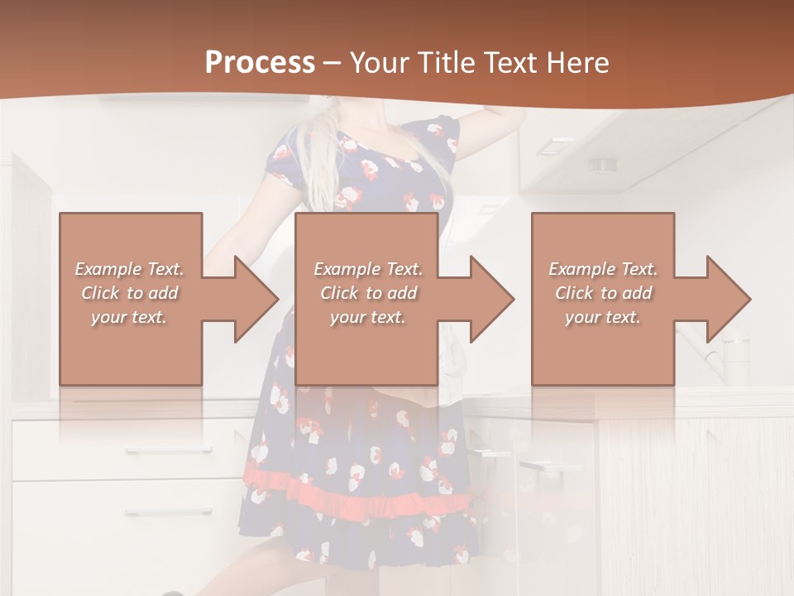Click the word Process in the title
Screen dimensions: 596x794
click(260, 63)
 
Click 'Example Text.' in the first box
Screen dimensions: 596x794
click(129, 269)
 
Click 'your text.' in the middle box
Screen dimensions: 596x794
click(368, 317)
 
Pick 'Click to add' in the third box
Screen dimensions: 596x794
click(604, 293)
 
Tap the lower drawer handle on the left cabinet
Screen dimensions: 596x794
click(157, 512)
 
